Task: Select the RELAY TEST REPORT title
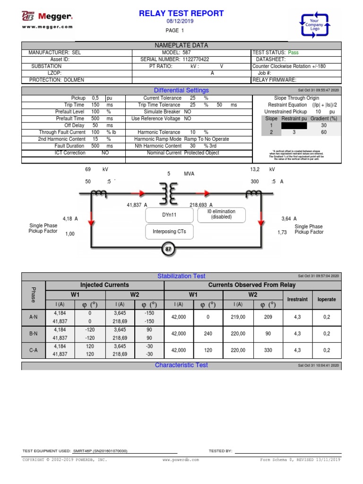click(x=181, y=13)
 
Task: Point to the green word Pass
click(x=294, y=52)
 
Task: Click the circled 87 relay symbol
click(x=169, y=249)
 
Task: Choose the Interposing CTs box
click(x=169, y=232)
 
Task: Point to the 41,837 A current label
click(x=137, y=205)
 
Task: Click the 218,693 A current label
click(x=201, y=205)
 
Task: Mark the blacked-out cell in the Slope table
click(x=294, y=126)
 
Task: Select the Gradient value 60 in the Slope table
click(x=324, y=132)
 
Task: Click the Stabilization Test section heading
click(x=181, y=276)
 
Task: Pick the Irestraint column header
click(x=297, y=299)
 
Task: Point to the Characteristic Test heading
click(x=181, y=365)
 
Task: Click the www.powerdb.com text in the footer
click(x=181, y=459)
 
